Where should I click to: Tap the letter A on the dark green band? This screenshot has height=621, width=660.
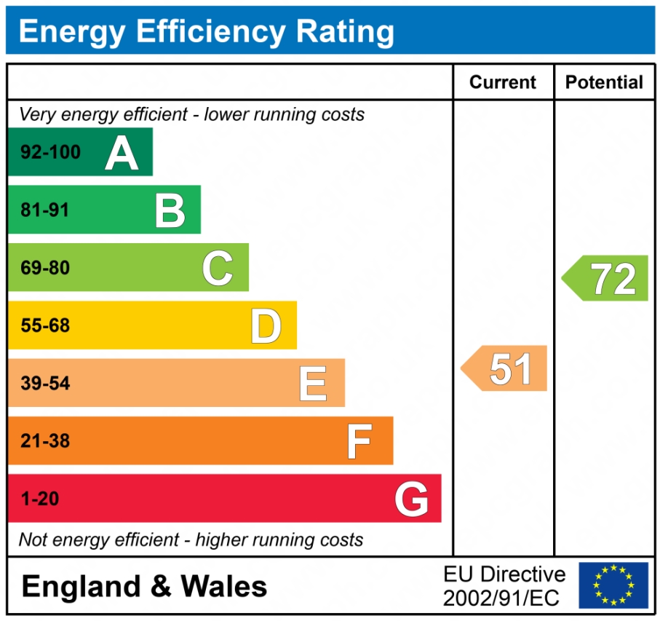tap(122, 152)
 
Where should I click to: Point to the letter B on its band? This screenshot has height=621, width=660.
tap(170, 210)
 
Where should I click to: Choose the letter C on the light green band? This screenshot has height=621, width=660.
tap(218, 268)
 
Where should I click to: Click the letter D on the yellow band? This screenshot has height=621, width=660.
tap(266, 325)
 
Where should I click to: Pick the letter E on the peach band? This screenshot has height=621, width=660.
tap(313, 384)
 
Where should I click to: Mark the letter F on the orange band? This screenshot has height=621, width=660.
tap(359, 441)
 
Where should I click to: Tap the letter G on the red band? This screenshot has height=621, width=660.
tap(411, 499)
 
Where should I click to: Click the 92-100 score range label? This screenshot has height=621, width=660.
tap(50, 152)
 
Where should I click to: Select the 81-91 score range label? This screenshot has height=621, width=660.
tap(45, 210)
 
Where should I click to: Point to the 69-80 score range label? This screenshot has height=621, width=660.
tap(45, 268)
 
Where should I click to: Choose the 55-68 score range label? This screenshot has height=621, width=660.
tap(45, 325)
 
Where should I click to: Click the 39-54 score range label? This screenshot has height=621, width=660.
tap(45, 384)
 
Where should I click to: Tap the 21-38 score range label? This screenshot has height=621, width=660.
tap(45, 441)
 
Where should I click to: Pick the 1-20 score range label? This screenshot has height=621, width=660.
tap(40, 499)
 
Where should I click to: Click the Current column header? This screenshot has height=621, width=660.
tap(503, 82)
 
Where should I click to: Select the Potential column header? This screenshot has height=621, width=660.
tap(604, 82)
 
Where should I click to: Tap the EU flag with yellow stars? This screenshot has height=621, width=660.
tap(613, 585)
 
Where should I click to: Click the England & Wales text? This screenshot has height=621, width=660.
tap(144, 586)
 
